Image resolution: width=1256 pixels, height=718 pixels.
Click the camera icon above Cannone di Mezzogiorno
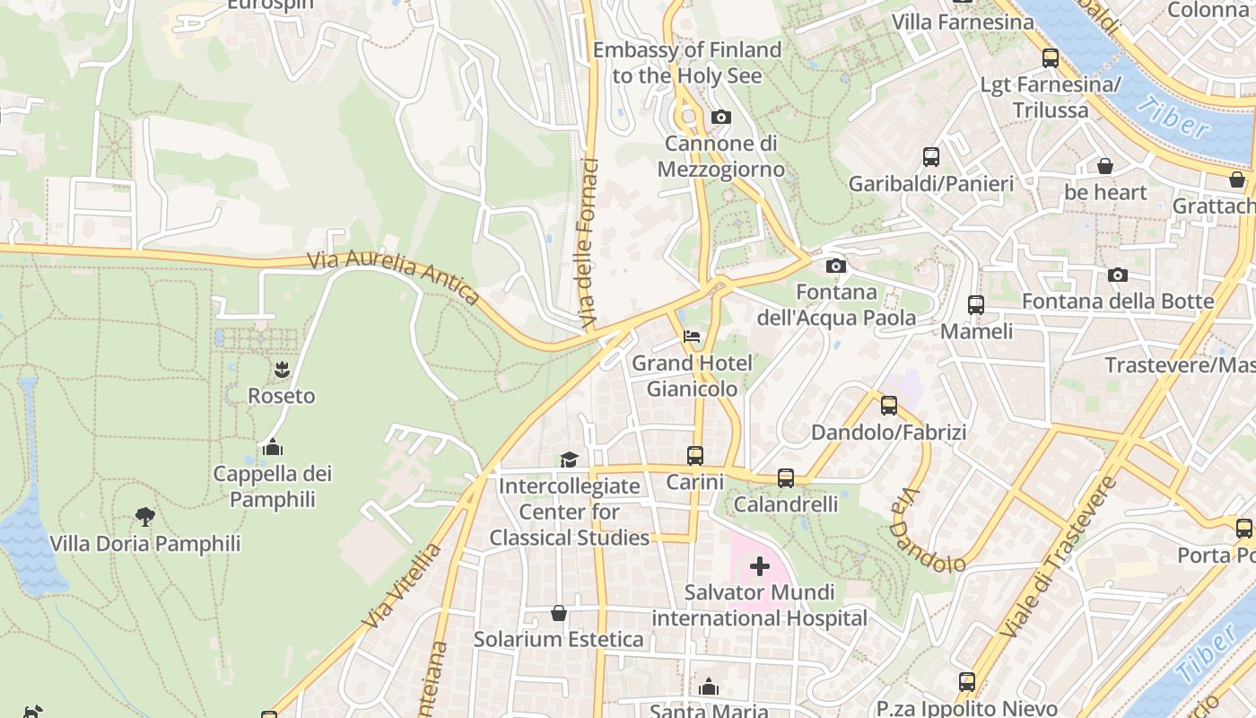tap(720, 117)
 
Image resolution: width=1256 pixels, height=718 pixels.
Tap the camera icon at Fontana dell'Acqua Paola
tap(835, 266)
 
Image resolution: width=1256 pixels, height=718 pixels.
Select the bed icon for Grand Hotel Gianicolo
tap(692, 337)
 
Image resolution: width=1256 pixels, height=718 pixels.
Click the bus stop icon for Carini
tap(695, 455)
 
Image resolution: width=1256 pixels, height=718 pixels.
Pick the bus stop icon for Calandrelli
tap(786, 477)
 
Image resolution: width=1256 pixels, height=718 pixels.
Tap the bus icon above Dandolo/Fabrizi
tap(888, 405)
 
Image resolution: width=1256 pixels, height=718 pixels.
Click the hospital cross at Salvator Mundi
tap(760, 565)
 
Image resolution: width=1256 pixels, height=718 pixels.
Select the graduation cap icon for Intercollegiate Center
tap(569, 460)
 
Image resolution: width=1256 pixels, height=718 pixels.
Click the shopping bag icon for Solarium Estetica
tap(559, 613)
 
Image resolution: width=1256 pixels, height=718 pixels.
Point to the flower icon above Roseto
tap(282, 368)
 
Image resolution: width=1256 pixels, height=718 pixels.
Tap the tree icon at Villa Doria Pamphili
tap(144, 516)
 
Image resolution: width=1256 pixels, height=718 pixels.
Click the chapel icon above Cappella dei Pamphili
tap(273, 446)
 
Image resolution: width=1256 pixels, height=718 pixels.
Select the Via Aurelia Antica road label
tap(394, 277)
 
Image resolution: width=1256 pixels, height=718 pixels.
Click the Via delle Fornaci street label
tap(589, 242)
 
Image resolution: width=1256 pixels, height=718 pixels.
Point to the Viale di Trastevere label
tap(1058, 556)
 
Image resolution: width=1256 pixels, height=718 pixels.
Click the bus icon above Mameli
tap(975, 304)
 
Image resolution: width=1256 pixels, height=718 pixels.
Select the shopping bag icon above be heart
tap(1105, 166)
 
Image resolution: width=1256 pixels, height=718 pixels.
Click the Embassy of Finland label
tap(686, 63)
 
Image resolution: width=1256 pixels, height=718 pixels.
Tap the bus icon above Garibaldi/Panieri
tap(931, 157)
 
